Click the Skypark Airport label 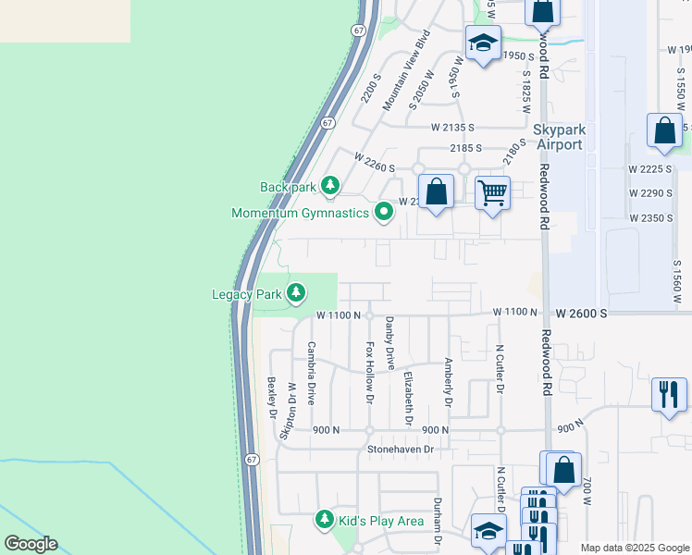[558, 138]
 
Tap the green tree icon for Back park [329, 186]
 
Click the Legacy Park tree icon [296, 294]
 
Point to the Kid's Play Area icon [324, 521]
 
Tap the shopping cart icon [492, 193]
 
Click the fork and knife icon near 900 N [668, 395]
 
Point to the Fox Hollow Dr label [370, 373]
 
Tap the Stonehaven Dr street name [401, 450]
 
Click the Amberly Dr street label [449, 383]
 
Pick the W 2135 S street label [451, 128]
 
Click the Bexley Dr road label [272, 397]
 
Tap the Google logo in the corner [31, 544]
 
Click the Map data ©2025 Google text [634, 548]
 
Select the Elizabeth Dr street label [408, 398]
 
